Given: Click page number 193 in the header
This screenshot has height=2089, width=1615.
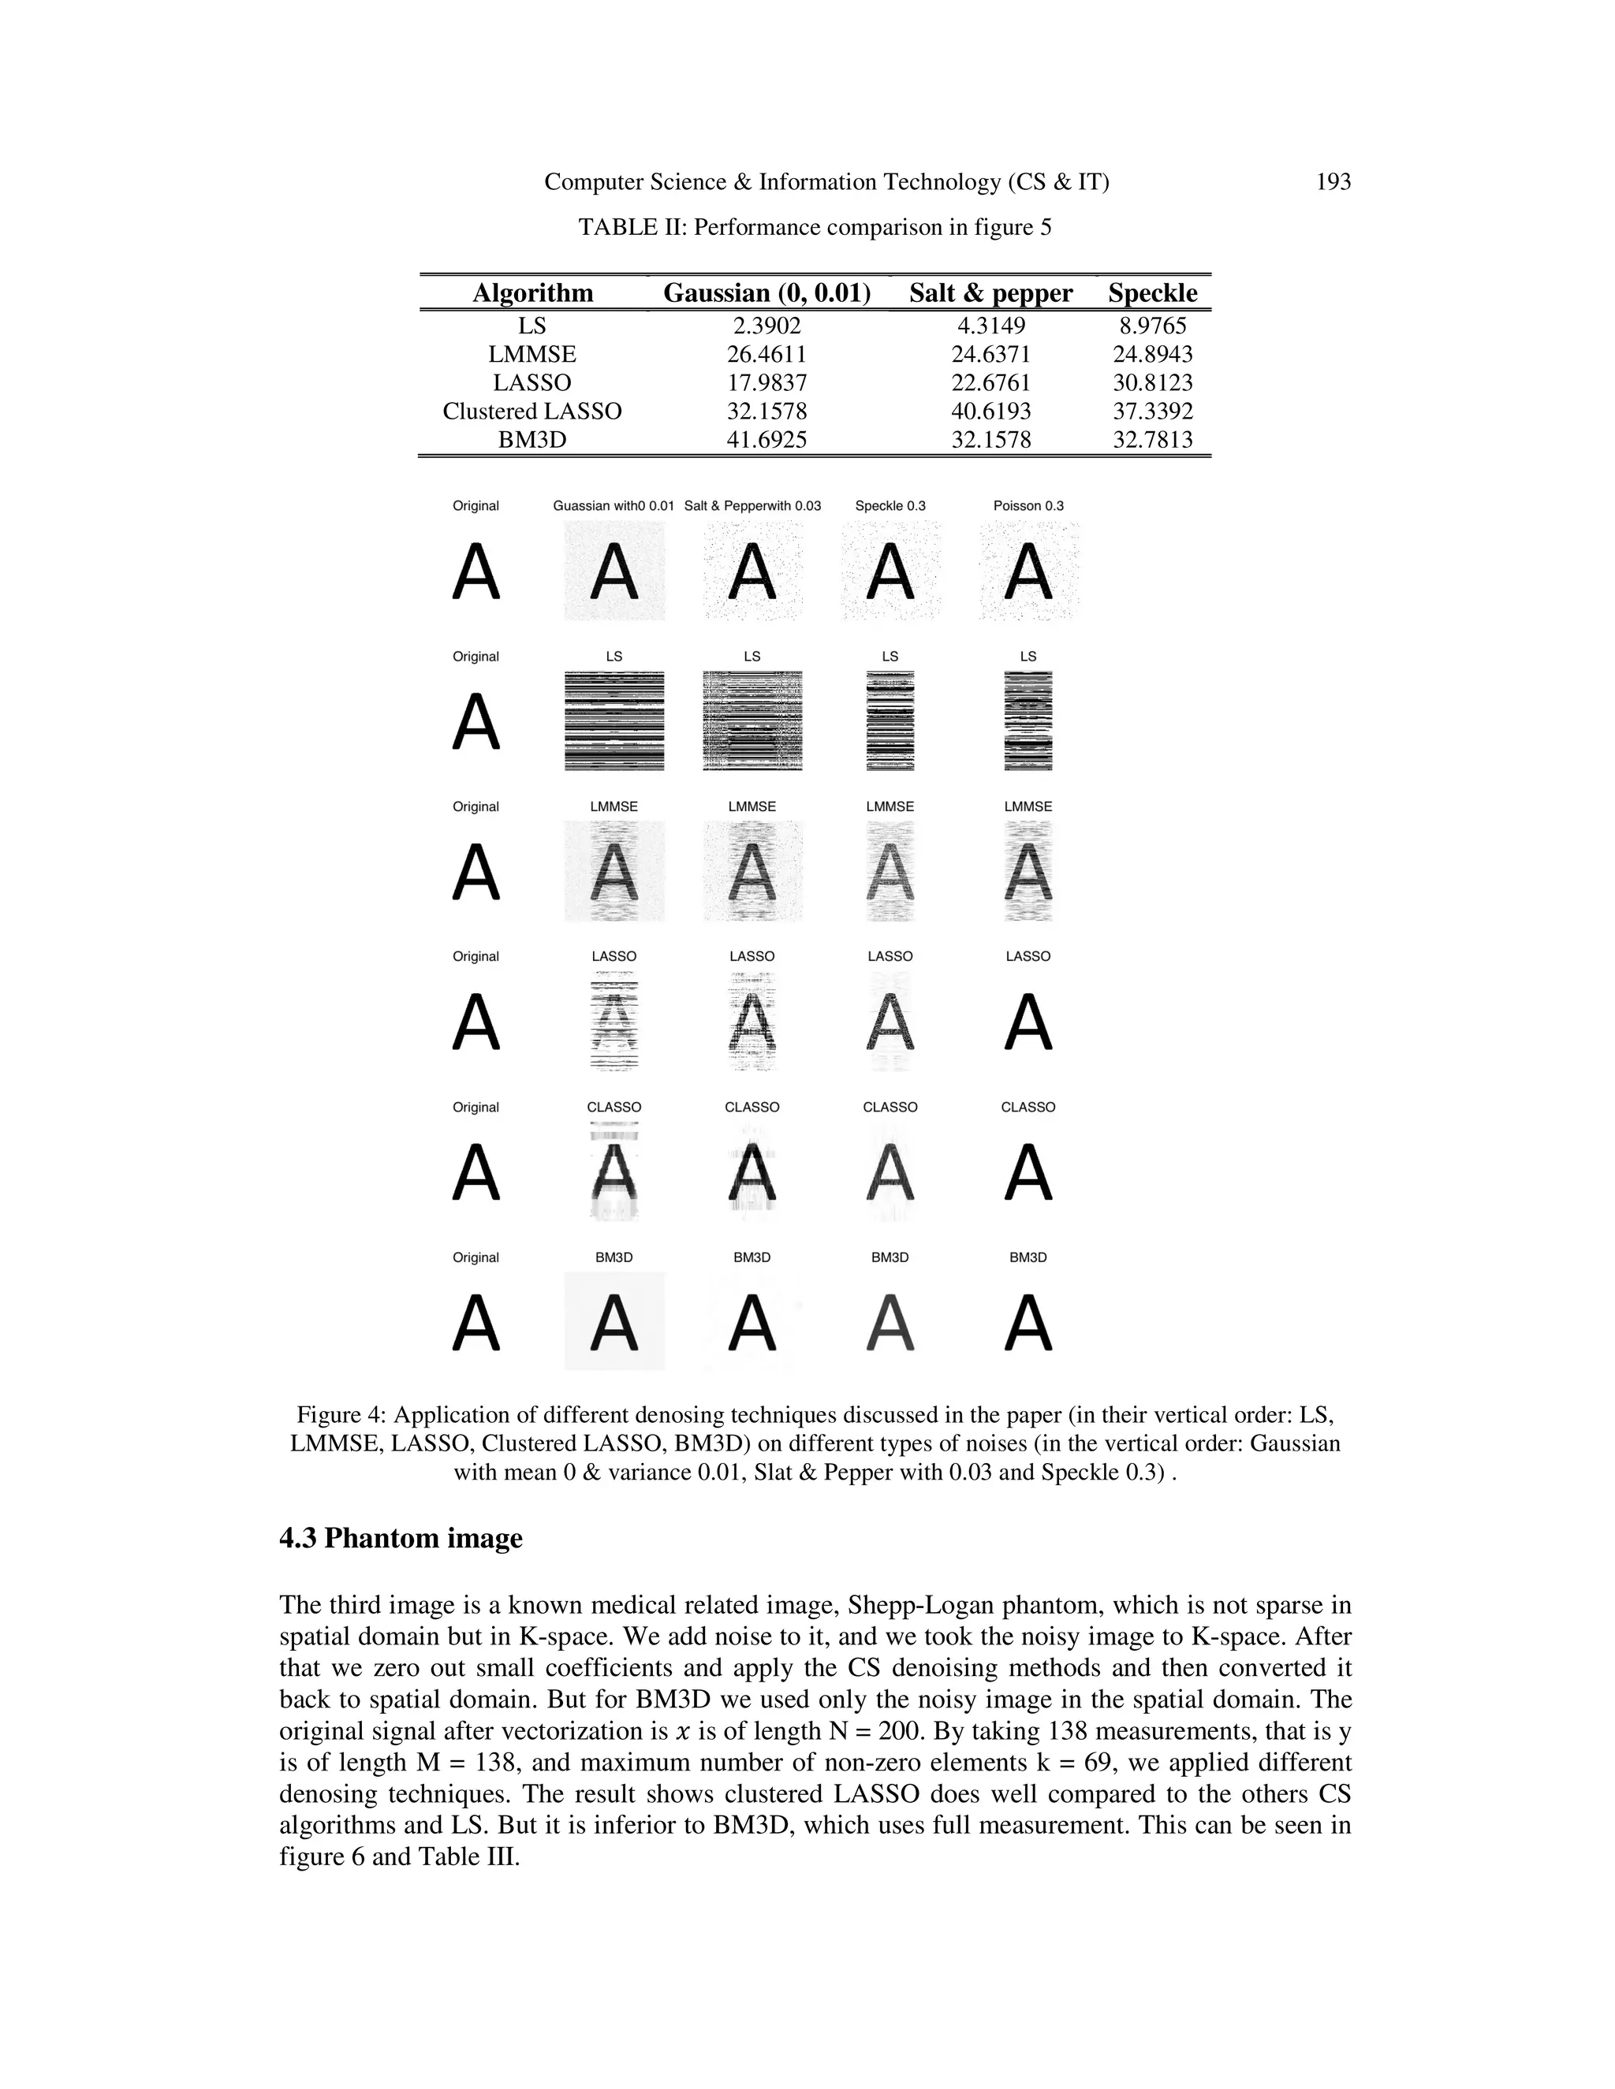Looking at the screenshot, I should (x=1333, y=182).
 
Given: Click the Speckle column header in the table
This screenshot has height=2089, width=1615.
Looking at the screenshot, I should (x=1152, y=292).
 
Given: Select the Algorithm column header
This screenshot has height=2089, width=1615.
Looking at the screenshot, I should (x=532, y=292).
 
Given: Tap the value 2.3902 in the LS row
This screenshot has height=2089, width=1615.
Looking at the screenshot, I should (x=766, y=326).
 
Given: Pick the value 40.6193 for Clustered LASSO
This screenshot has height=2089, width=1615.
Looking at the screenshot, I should (x=990, y=411).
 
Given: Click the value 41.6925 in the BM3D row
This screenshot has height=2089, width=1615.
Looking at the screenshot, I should (x=766, y=440).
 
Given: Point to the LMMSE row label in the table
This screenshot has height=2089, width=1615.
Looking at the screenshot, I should (x=532, y=355).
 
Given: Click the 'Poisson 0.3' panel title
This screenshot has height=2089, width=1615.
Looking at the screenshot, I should (x=1028, y=506).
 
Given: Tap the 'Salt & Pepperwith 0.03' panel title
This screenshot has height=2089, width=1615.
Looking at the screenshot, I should (x=752, y=506).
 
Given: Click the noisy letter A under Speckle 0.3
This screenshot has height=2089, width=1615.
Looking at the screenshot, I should (x=890, y=572).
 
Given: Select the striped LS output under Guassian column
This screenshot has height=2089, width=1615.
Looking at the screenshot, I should (x=614, y=721).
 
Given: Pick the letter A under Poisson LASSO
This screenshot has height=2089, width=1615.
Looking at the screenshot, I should (x=1028, y=1022).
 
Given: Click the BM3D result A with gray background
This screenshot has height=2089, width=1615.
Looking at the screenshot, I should (x=614, y=1322).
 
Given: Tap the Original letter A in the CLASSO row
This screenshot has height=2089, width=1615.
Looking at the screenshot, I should (x=476, y=1173).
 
